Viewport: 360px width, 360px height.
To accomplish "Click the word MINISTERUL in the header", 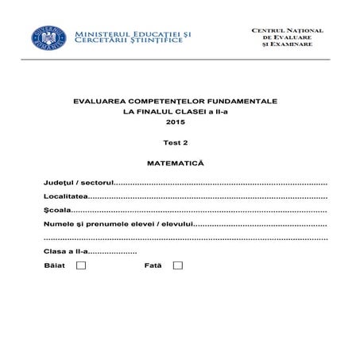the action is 98,33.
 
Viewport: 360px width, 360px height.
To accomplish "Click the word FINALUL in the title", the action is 165,113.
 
